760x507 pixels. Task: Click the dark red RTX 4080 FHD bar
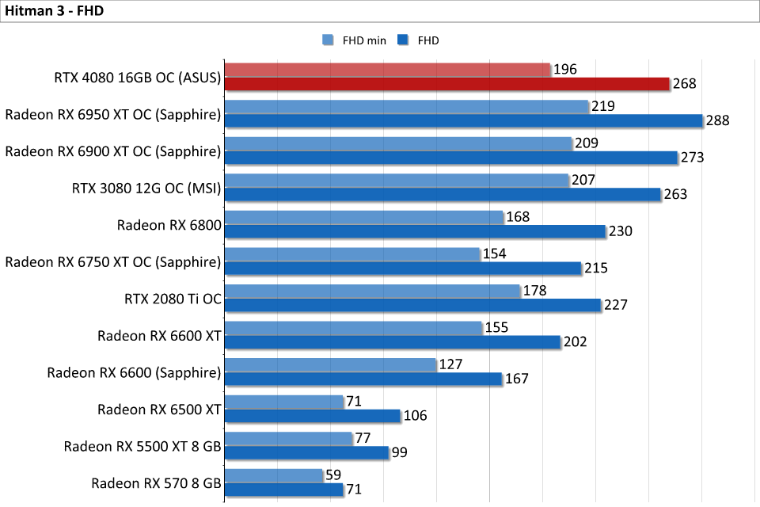(447, 84)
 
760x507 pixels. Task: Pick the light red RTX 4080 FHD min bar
(388, 70)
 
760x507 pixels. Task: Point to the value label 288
(718, 120)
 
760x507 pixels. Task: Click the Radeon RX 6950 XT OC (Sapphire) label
(112, 114)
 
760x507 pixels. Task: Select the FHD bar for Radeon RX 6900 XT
(451, 158)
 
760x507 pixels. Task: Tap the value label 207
(583, 180)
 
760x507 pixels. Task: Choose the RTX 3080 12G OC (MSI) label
(146, 188)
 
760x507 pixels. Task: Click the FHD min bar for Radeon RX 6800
(364, 217)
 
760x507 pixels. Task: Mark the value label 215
(596, 268)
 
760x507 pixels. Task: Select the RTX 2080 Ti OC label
(173, 299)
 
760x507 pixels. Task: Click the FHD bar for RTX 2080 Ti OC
(413, 305)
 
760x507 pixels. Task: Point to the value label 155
(496, 327)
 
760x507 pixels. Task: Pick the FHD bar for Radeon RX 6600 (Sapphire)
(364, 379)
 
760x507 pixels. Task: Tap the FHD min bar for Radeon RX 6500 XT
(284, 402)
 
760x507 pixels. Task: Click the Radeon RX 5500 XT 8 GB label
(142, 446)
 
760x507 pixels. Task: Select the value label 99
(401, 452)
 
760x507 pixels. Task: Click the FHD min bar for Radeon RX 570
(274, 475)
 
